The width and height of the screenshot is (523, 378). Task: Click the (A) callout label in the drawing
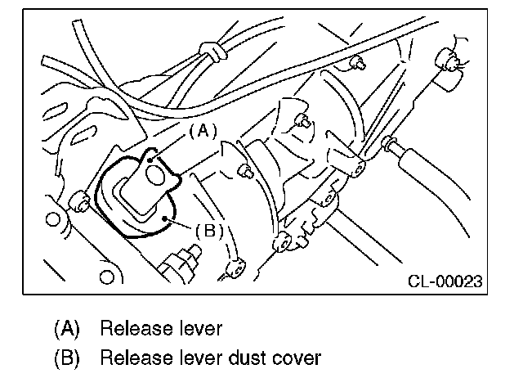(202, 129)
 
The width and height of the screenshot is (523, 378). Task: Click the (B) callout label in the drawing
(208, 230)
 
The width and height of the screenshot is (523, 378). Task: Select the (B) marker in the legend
(68, 358)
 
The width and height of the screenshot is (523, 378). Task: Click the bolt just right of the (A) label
(244, 172)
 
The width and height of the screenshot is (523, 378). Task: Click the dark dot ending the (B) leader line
(166, 218)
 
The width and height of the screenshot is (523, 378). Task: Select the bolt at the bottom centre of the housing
(283, 242)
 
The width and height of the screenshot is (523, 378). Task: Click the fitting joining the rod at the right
(391, 146)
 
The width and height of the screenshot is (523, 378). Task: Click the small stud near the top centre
(357, 63)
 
